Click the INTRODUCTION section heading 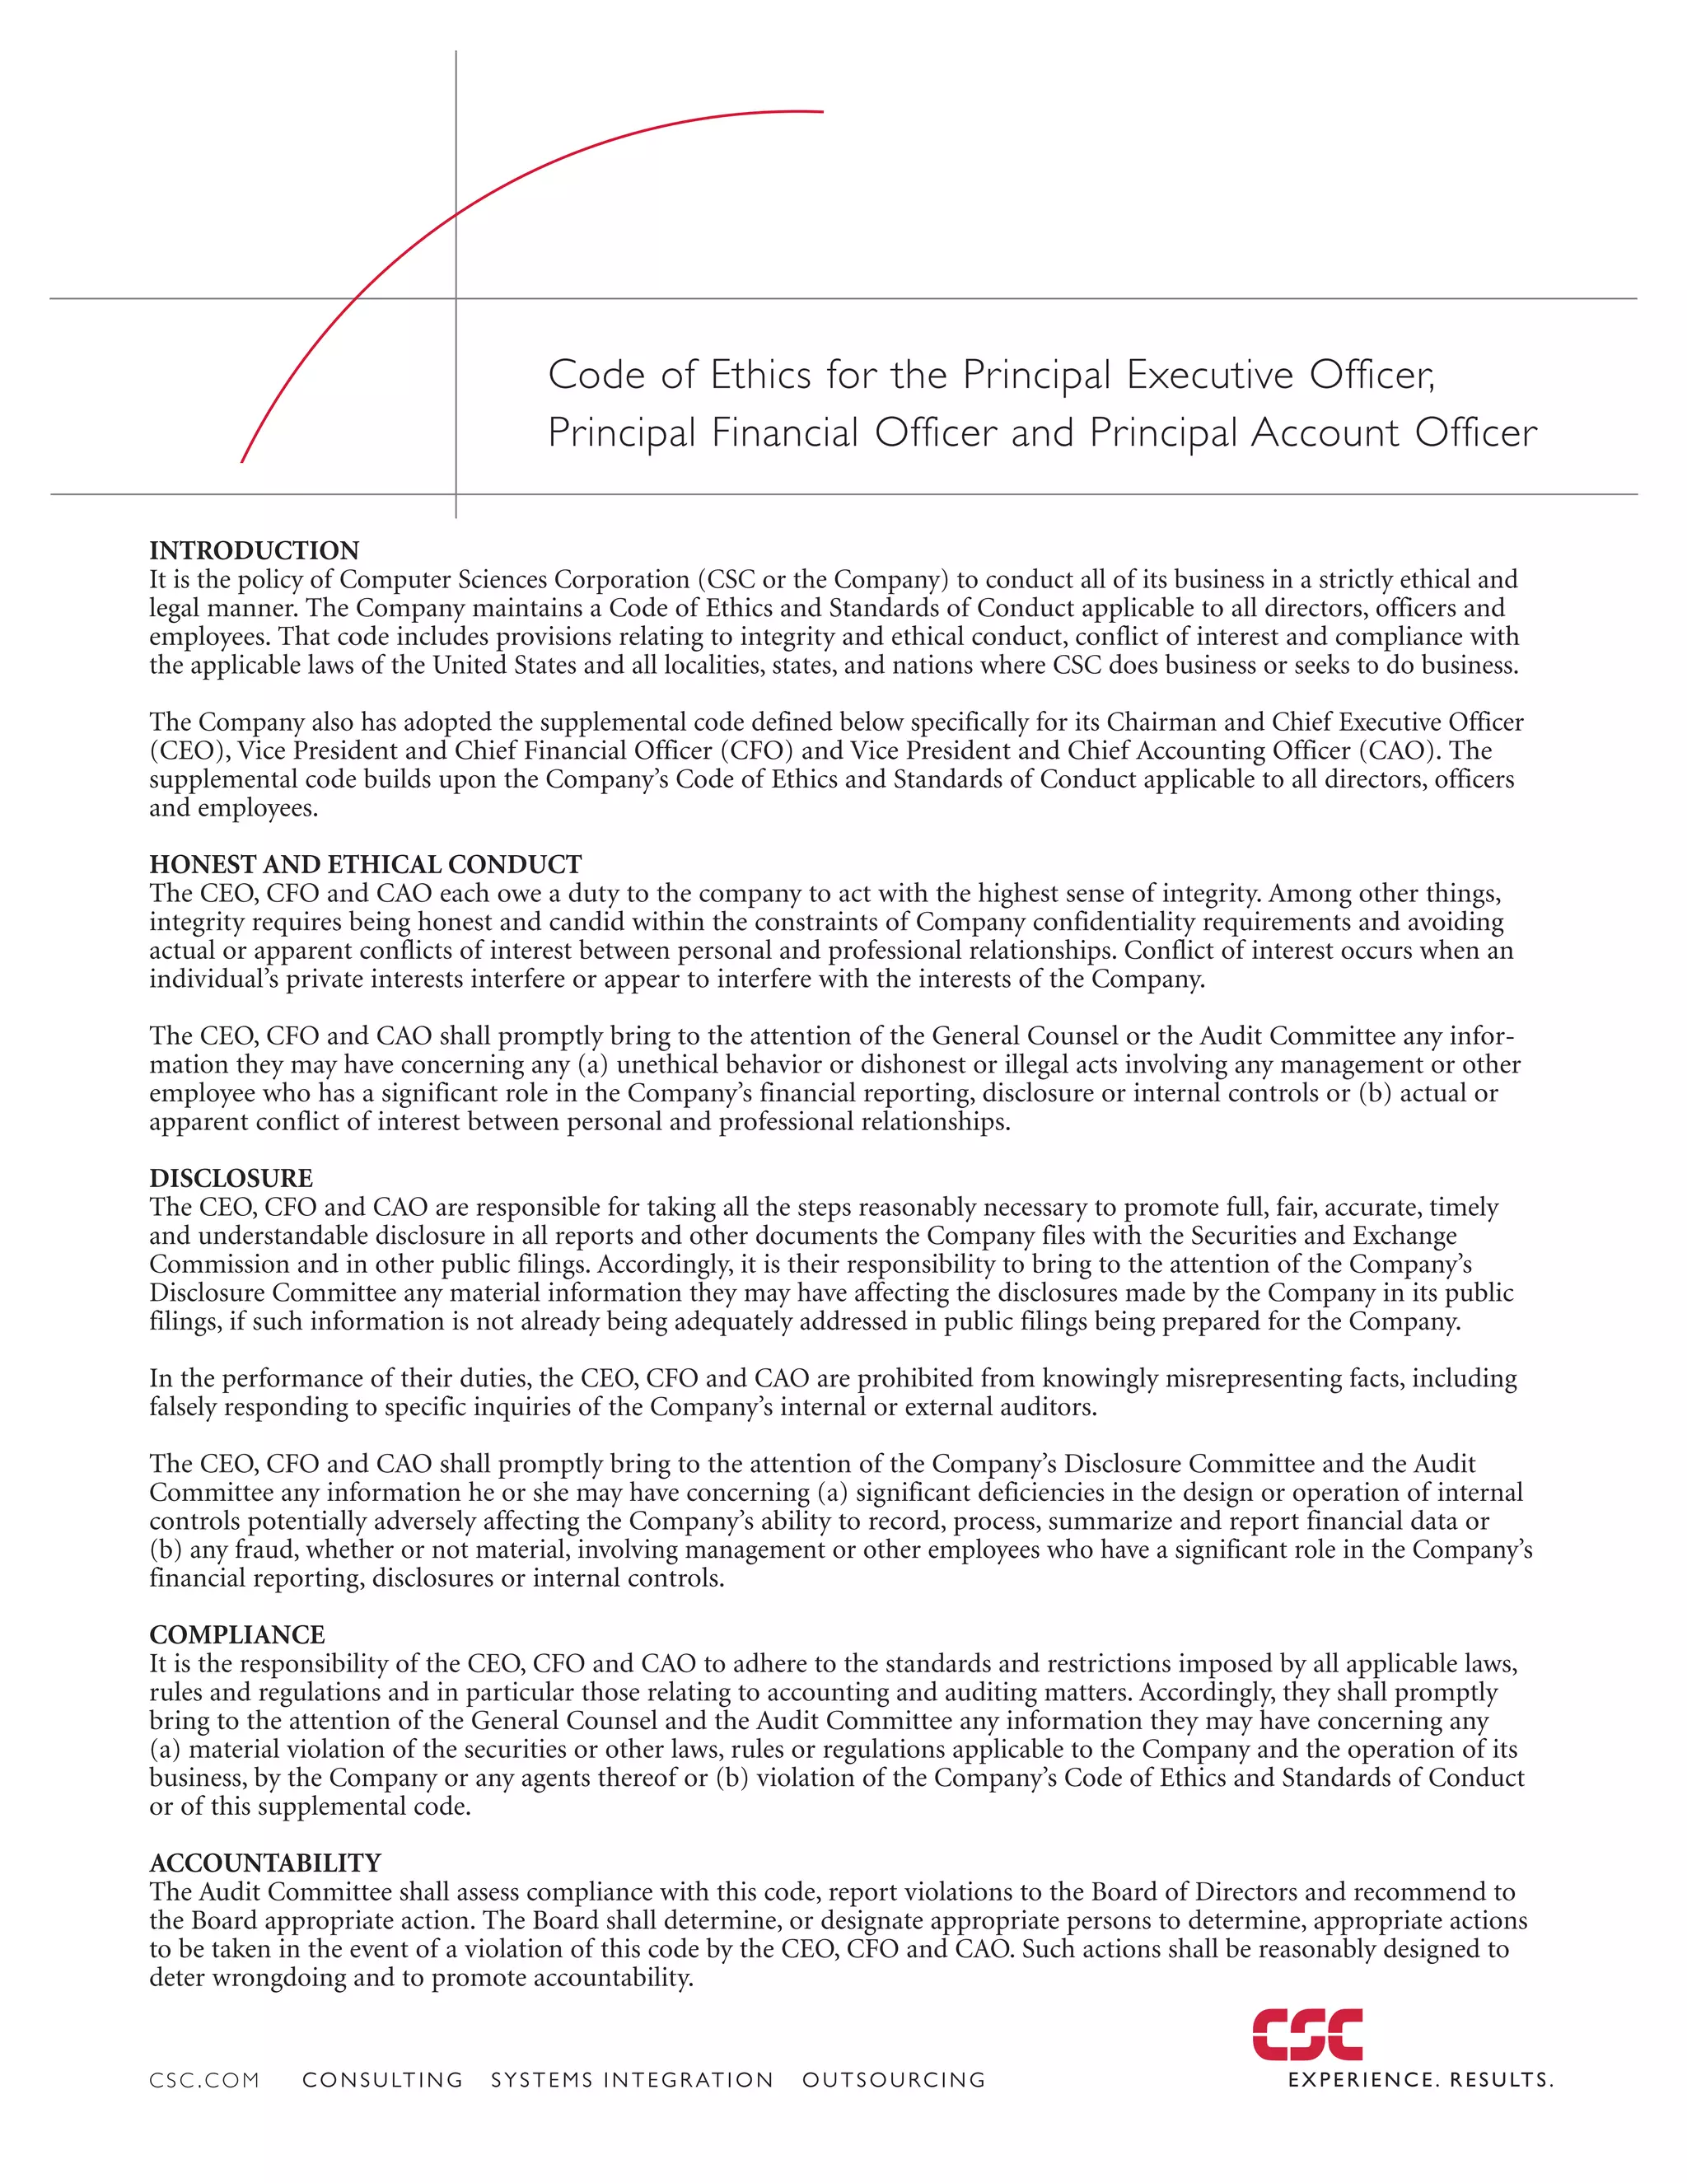click(254, 551)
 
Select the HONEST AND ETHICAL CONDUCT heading click(365, 865)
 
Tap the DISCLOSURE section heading click(231, 1179)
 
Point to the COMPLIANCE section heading click(237, 1634)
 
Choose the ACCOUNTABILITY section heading click(265, 1863)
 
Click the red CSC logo click(1307, 2034)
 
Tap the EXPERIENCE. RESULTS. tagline click(1420, 2080)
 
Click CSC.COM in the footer click(204, 2080)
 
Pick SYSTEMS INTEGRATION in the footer click(632, 2080)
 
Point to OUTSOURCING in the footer click(894, 2080)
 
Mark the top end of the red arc click(820, 112)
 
